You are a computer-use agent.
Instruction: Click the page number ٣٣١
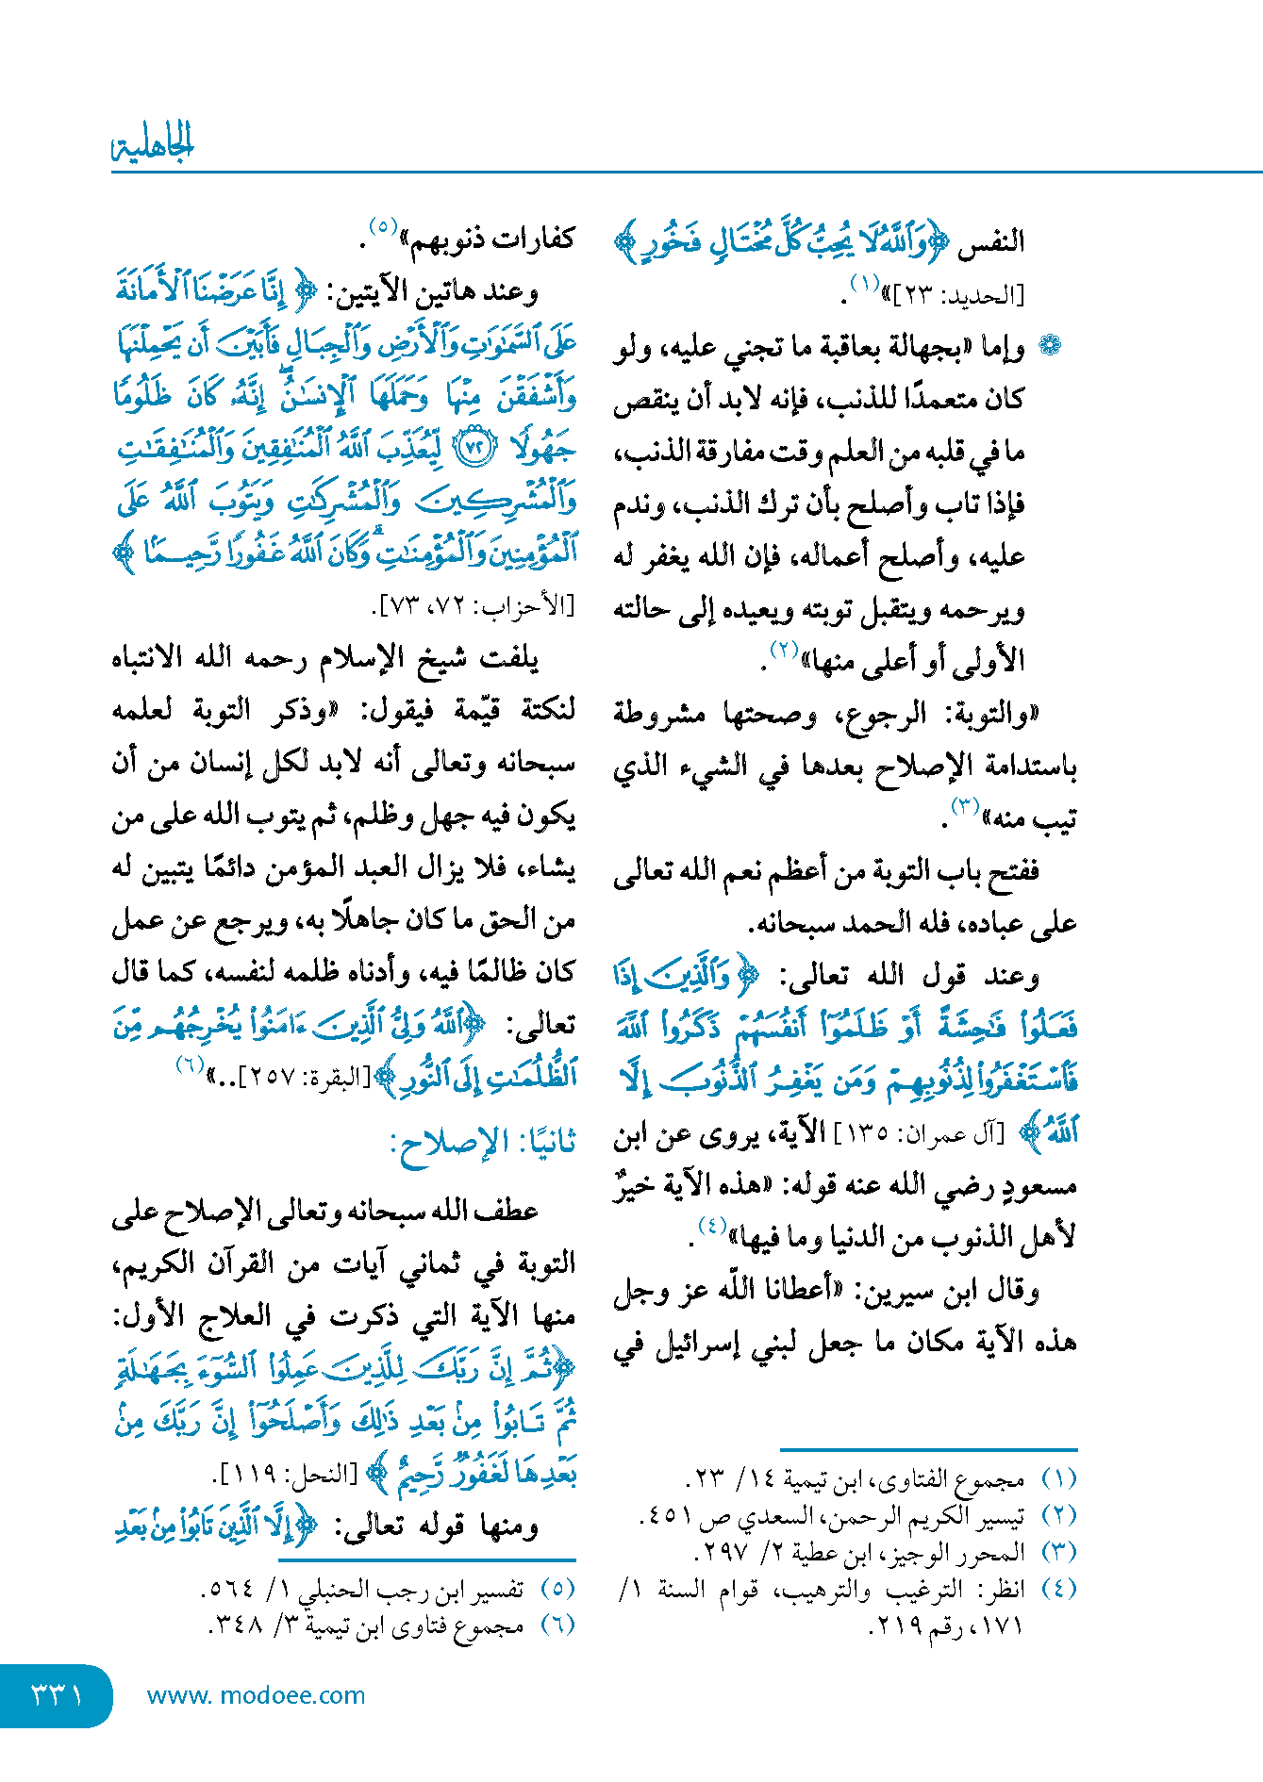(x=57, y=1694)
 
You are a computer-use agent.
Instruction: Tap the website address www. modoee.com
(x=256, y=1694)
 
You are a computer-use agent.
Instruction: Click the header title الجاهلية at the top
(x=153, y=144)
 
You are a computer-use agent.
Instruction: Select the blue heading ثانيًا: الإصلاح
(x=483, y=1145)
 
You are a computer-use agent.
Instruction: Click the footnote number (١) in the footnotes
(x=1058, y=1479)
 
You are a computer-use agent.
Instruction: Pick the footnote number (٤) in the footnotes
(x=1058, y=1589)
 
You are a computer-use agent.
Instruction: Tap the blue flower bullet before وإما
(x=1049, y=346)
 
